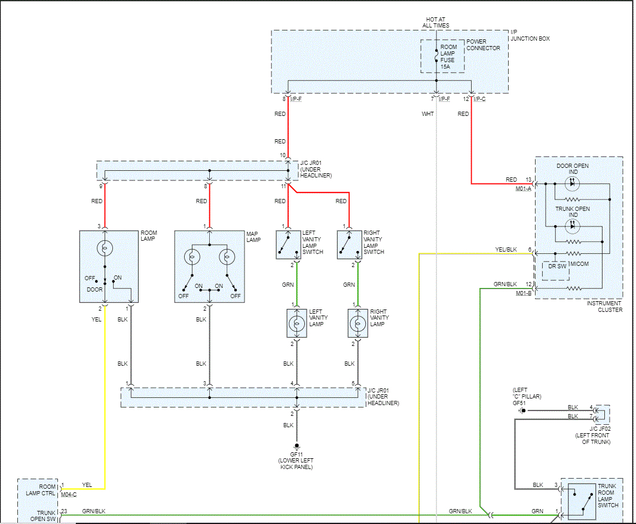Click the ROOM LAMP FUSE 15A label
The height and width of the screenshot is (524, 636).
448,57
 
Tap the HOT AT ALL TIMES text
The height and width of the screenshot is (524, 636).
435,23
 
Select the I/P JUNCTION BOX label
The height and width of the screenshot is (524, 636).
530,35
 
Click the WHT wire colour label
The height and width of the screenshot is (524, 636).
427,114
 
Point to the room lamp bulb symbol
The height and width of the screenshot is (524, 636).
104,247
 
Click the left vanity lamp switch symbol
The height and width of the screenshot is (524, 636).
288,244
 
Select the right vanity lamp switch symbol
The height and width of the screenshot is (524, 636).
349,244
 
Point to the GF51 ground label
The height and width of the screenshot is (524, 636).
518,403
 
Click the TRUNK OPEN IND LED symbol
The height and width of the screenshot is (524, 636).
572,226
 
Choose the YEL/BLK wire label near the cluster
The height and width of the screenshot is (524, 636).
506,249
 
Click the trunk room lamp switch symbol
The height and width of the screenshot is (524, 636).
582,501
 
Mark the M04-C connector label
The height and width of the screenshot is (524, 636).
69,494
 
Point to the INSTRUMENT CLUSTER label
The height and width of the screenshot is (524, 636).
604,307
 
